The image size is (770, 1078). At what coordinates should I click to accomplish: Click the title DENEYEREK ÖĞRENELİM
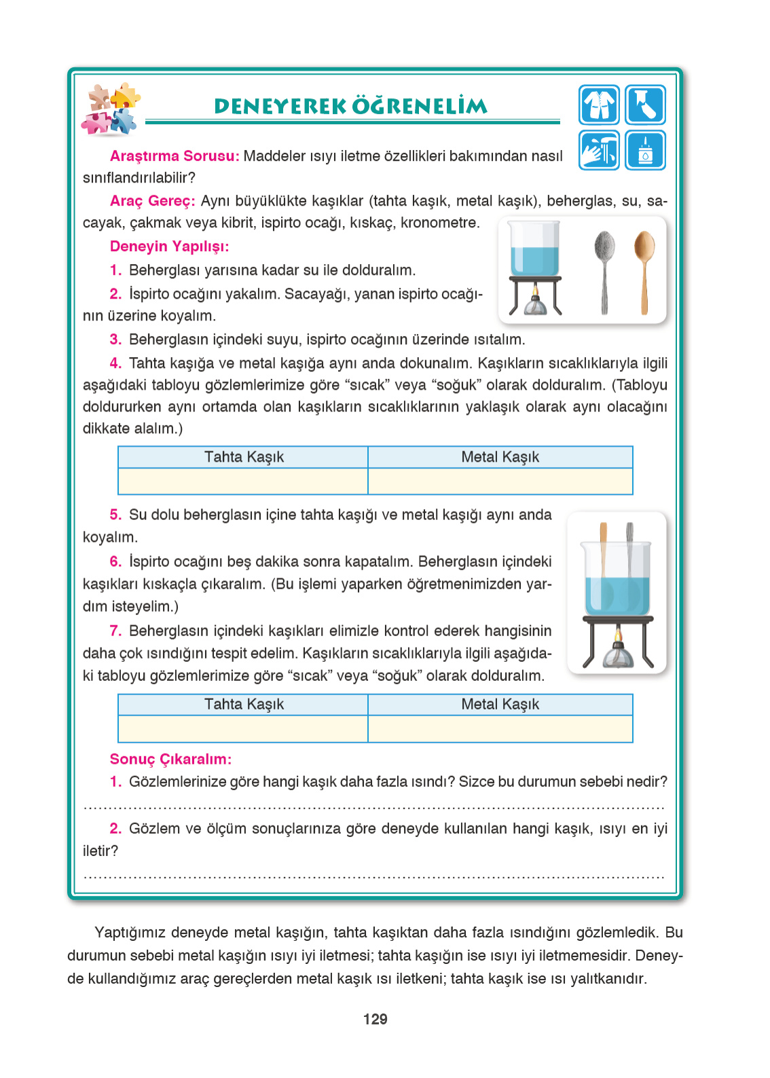(350, 106)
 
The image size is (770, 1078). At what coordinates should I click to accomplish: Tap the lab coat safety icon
(599, 105)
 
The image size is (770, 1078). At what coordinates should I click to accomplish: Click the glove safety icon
(645, 105)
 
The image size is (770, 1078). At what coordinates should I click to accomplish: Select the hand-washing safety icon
(599, 150)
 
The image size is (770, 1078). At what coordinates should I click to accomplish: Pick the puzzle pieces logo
(111, 110)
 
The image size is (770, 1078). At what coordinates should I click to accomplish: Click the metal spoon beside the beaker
(604, 272)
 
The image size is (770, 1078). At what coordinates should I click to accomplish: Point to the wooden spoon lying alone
(644, 272)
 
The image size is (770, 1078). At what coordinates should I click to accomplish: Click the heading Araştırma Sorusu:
(174, 156)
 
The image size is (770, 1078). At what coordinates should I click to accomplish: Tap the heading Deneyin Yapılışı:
(169, 246)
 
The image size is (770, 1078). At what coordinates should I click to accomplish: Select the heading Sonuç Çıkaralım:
(170, 759)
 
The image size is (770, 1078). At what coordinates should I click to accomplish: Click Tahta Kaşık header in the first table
(244, 457)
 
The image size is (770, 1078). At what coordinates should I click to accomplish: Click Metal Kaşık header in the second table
(500, 704)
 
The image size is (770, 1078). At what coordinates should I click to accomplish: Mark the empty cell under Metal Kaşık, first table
(500, 481)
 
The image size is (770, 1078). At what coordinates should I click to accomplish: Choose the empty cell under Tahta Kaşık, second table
(244, 728)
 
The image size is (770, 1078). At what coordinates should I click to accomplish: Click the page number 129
(375, 1019)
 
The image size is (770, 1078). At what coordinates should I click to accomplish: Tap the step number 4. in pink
(115, 363)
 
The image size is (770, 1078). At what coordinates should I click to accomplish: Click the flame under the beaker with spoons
(618, 636)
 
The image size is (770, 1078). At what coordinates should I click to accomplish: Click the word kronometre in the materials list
(439, 223)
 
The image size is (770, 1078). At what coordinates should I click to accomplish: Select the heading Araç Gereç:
(152, 201)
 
